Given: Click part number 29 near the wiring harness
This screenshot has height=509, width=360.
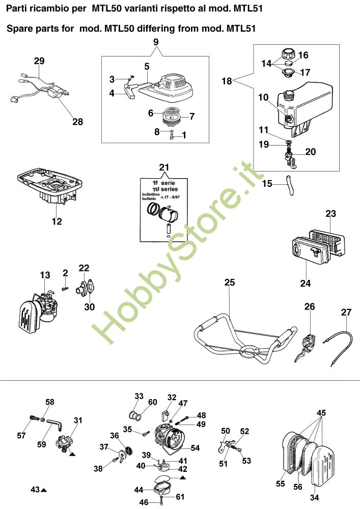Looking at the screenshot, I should tap(39, 61).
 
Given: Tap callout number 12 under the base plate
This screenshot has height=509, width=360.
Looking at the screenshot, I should tap(57, 221).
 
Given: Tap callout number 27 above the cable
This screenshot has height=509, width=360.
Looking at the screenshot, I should tap(346, 313).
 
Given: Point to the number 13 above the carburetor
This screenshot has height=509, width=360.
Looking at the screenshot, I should tap(45, 275).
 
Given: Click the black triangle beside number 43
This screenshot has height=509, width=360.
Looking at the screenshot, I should tap(44, 490).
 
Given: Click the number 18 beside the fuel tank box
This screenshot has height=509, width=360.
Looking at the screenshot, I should tap(227, 80).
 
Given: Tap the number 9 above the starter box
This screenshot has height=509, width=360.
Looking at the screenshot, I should tap(156, 41).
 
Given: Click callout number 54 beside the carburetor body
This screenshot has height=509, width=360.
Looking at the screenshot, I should tap(195, 448).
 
